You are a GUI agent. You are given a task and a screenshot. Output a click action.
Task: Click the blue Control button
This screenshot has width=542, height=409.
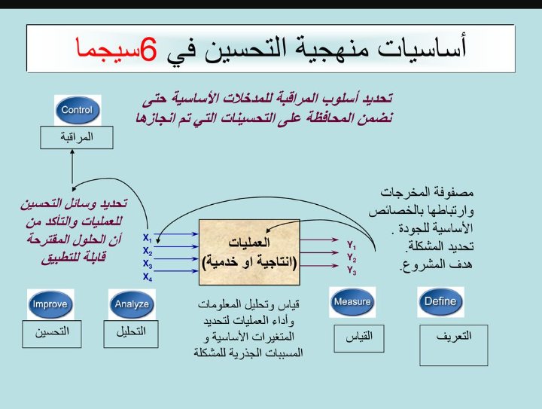[77, 111]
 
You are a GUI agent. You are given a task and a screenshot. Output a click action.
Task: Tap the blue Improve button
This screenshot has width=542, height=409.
[50, 304]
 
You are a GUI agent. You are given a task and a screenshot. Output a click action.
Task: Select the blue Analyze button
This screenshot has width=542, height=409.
[131, 304]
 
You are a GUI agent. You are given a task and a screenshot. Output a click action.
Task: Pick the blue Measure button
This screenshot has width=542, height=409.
[352, 302]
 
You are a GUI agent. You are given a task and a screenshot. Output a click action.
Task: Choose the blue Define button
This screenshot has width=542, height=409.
[440, 301]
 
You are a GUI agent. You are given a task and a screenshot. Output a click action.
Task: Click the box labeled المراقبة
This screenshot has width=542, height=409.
[77, 138]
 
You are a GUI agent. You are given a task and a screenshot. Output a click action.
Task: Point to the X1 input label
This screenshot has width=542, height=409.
[148, 239]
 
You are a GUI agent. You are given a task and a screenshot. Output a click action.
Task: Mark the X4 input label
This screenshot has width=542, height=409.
[148, 277]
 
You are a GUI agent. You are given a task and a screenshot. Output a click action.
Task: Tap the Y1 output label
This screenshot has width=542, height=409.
[351, 245]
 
